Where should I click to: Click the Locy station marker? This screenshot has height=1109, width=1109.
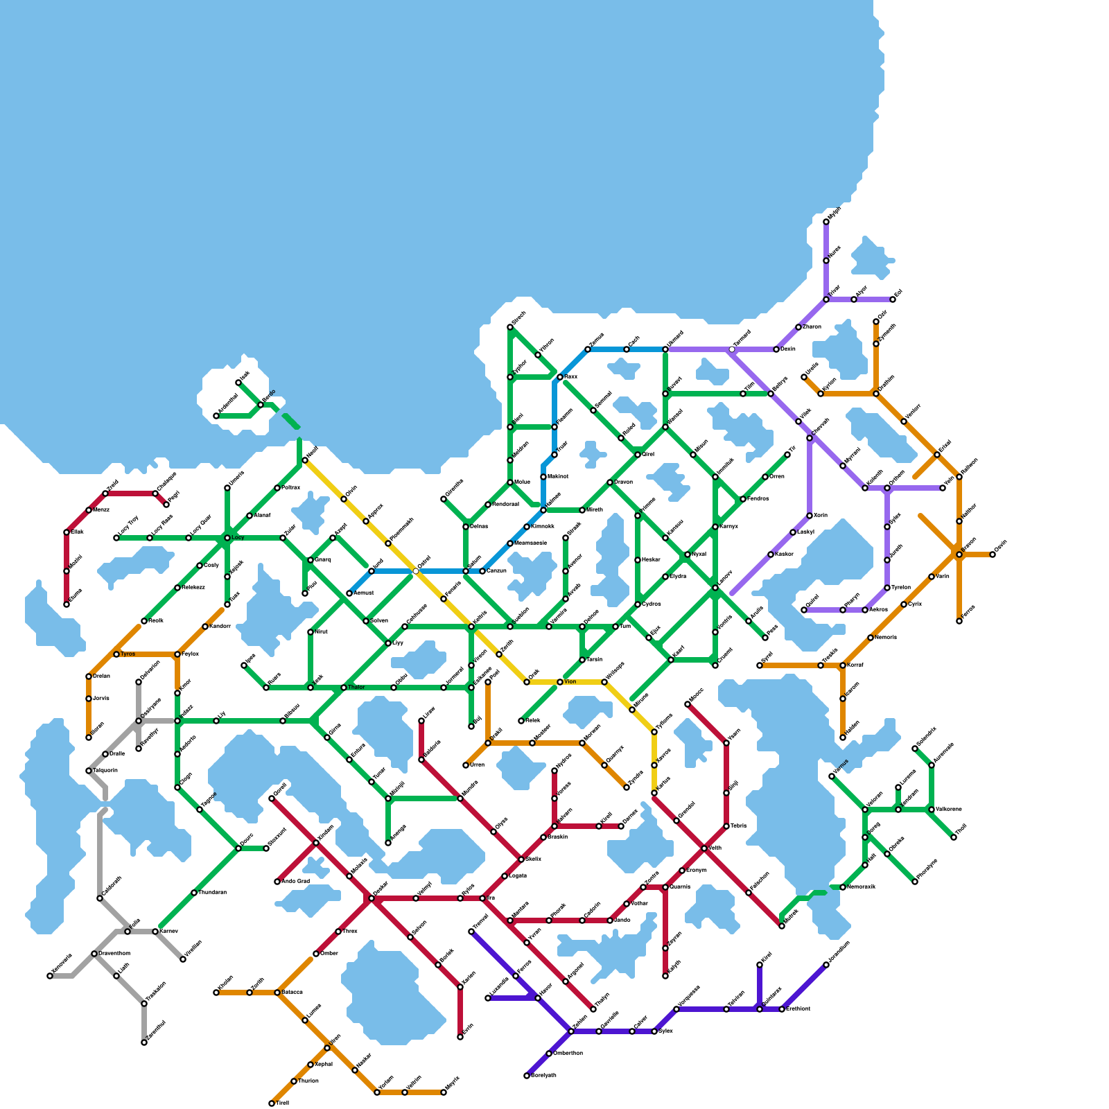coord(227,538)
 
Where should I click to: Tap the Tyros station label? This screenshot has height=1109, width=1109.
coord(128,654)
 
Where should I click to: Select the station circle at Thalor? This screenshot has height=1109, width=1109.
coord(344,688)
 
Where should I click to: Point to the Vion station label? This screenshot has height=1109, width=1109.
coord(570,682)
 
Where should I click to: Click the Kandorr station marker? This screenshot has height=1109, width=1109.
coord(205,627)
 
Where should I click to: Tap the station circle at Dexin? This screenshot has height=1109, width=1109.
coord(776,349)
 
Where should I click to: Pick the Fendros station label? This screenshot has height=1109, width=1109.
coord(759,499)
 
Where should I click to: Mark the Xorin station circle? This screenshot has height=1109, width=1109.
coord(810,516)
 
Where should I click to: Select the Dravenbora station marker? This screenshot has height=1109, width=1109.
coord(94,954)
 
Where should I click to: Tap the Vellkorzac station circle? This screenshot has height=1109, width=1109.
coord(932,810)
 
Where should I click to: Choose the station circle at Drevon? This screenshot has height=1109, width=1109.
coord(610,482)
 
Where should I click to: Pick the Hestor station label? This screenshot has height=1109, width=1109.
coord(651,560)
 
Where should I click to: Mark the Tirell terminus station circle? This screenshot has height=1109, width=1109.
coord(272,1103)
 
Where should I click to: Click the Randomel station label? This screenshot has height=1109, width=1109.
coord(505,505)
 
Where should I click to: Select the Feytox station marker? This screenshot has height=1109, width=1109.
coord(177,654)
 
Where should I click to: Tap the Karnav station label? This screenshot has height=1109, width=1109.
coord(169,932)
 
